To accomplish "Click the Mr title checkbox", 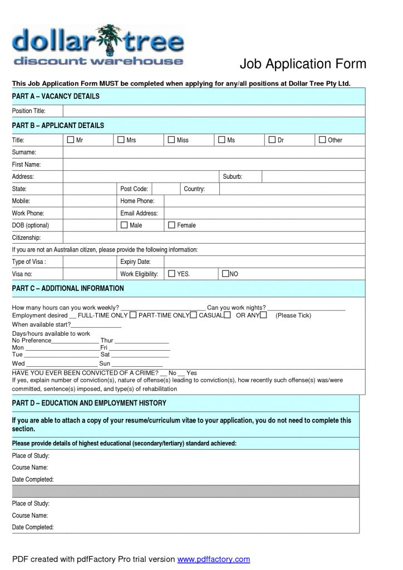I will tap(70, 140).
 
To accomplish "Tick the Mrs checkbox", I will tap(121, 140).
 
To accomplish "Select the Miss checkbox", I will tap(171, 140).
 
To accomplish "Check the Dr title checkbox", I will tap(272, 140).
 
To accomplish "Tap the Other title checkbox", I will tap(322, 140).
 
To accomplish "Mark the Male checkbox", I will tap(124, 225).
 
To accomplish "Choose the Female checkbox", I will tap(171, 225).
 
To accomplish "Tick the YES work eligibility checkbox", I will tap(171, 273).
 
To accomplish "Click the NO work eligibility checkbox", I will tap(225, 273).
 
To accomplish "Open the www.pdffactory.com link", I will tap(214, 559).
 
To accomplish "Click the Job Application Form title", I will tap(303, 64).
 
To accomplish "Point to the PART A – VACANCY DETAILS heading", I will tap(56, 96).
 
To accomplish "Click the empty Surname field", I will tap(214, 152).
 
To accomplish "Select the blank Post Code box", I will tap(165, 189).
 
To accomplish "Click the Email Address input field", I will tap(264, 213).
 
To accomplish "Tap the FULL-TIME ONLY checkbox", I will tap(133, 316).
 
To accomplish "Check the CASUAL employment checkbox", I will tap(227, 316).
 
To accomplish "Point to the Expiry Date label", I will tap(135, 262).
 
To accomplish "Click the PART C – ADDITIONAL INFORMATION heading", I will tap(68, 288).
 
